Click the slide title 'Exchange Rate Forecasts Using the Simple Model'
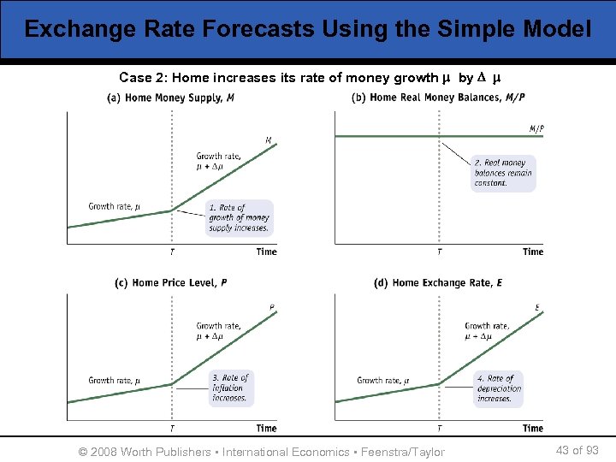pyautogui.click(x=307, y=30)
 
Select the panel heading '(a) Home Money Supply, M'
pyautogui.click(x=171, y=98)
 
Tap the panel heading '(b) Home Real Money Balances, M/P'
pyautogui.click(x=439, y=98)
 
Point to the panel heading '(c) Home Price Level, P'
pyautogui.click(x=171, y=282)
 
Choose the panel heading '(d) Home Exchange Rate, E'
pyautogui.click(x=438, y=282)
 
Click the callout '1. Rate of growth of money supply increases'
pyautogui.click(x=240, y=218)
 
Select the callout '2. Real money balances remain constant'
pyautogui.click(x=503, y=173)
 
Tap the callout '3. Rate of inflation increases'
pyautogui.click(x=230, y=388)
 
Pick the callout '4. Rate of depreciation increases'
pyautogui.click(x=499, y=388)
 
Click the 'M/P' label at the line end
pyautogui.click(x=536, y=129)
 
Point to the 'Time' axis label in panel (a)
pyautogui.click(x=266, y=252)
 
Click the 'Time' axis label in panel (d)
pyautogui.click(x=532, y=428)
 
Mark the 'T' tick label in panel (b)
pyautogui.click(x=440, y=252)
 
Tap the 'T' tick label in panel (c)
pyautogui.click(x=172, y=428)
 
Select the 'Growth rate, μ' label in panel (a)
pyautogui.click(x=115, y=206)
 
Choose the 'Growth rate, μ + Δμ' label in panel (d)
pyautogui.click(x=487, y=331)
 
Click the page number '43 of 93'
pyautogui.click(x=577, y=450)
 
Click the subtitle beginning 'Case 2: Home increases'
pyautogui.click(x=310, y=78)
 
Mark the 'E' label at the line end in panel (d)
pyautogui.click(x=536, y=307)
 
